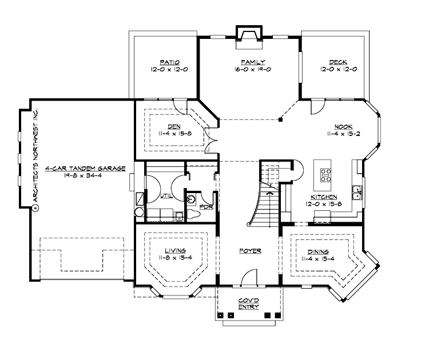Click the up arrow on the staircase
pyautogui.click(x=269, y=195)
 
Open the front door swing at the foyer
pyautogui.click(x=247, y=279)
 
